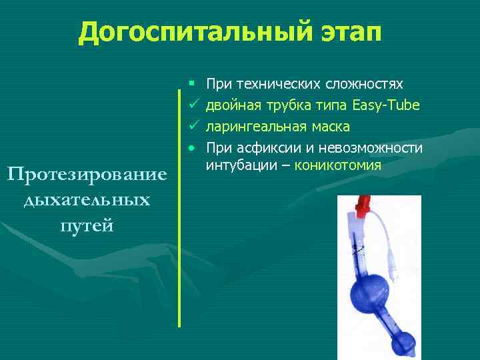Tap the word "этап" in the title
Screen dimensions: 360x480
click(x=341, y=32)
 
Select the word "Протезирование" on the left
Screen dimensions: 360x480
click(x=87, y=175)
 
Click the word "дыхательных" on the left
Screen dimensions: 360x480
click(x=87, y=200)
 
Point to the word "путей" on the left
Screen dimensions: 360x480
click(x=87, y=225)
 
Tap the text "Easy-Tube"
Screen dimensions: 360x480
click(x=387, y=105)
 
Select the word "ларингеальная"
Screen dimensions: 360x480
click(x=251, y=127)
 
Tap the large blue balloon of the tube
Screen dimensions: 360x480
click(x=370, y=291)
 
